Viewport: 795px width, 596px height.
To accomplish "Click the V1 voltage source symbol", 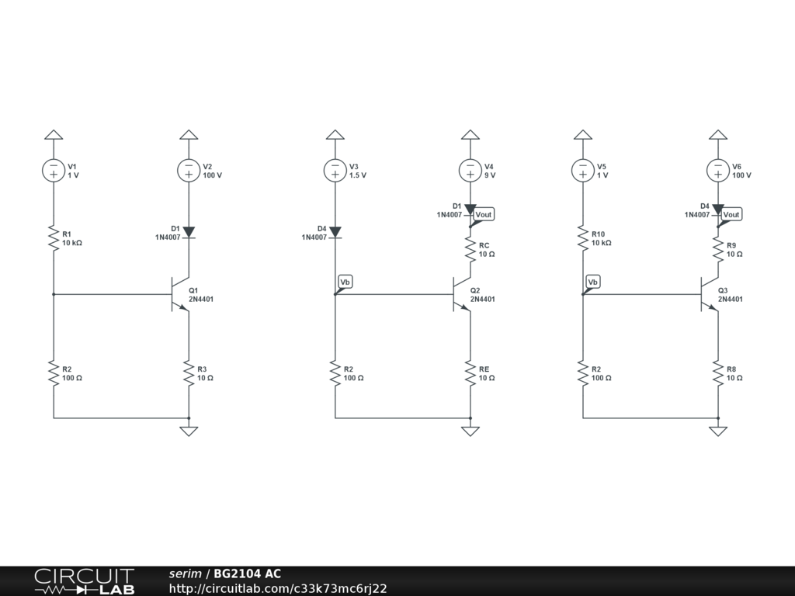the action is click(x=54, y=170).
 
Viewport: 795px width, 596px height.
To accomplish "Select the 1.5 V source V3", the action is click(x=335, y=170).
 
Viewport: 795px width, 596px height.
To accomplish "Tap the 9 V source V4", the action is click(x=470, y=170).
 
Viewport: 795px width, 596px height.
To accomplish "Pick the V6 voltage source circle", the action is click(x=718, y=170).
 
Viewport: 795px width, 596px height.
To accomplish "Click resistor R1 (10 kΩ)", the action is click(x=54, y=238).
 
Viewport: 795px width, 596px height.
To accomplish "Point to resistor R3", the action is click(x=189, y=373).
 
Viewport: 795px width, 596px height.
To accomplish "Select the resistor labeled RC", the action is click(x=470, y=249).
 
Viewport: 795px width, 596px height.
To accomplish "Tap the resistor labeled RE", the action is click(x=470, y=373).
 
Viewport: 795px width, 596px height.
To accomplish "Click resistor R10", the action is click(x=583, y=238).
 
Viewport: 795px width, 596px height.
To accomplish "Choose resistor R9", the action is click(x=718, y=249).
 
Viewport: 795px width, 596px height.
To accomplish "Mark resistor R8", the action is click(x=718, y=373).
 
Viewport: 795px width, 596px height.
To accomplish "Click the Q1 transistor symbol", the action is click(x=179, y=295).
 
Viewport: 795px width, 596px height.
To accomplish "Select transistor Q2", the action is click(x=461, y=295).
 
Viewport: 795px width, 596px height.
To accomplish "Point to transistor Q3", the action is click(x=709, y=295).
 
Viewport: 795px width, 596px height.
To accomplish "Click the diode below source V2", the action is click(x=189, y=232).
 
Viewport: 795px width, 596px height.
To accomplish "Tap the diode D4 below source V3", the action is click(x=335, y=232).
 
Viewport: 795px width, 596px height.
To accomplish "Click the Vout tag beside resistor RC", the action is click(x=484, y=214).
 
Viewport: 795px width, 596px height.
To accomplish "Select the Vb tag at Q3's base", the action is click(x=593, y=282).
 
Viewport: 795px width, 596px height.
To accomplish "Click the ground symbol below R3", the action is click(x=189, y=430).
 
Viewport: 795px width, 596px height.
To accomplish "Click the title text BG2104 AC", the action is click(x=248, y=574).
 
